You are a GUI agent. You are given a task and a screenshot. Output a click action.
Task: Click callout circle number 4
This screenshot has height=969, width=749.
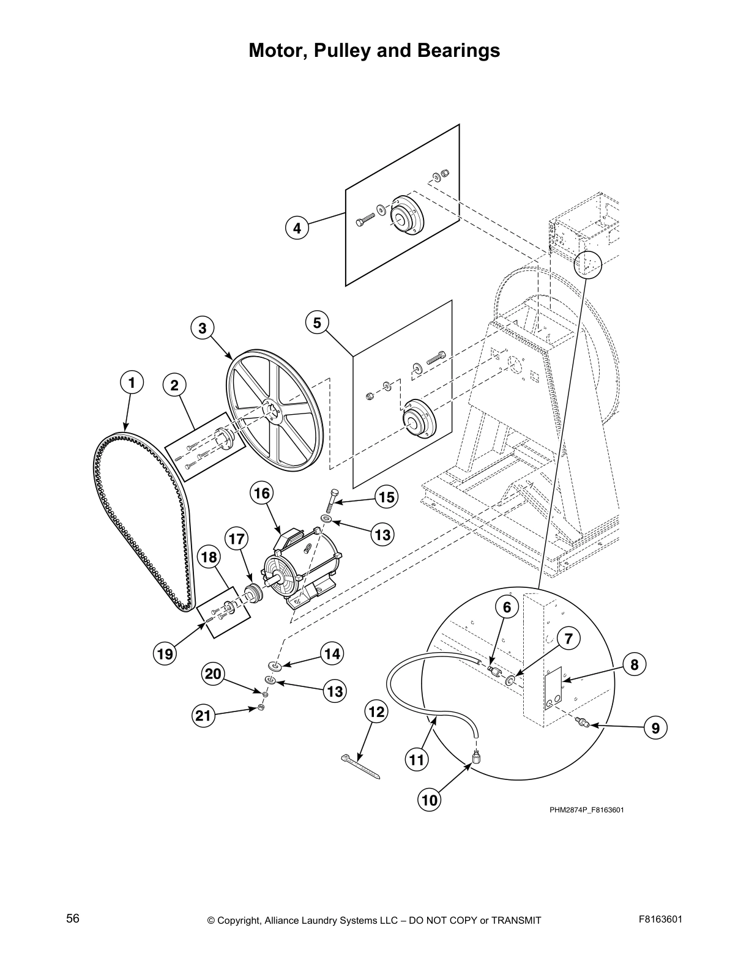(297, 229)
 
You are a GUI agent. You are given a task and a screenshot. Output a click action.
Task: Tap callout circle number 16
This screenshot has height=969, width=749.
(261, 493)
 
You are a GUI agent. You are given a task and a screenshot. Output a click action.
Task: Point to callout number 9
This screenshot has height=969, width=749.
(655, 728)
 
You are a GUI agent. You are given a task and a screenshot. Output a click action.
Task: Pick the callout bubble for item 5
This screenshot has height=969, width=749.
(317, 322)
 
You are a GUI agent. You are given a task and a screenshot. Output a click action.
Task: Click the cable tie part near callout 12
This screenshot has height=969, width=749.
(360, 767)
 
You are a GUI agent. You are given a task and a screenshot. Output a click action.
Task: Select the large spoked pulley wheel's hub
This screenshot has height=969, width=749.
(271, 412)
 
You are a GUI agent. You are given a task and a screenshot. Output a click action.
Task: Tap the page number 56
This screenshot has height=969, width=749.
(73, 918)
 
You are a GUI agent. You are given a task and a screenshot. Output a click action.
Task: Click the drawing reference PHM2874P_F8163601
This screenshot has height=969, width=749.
(586, 811)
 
